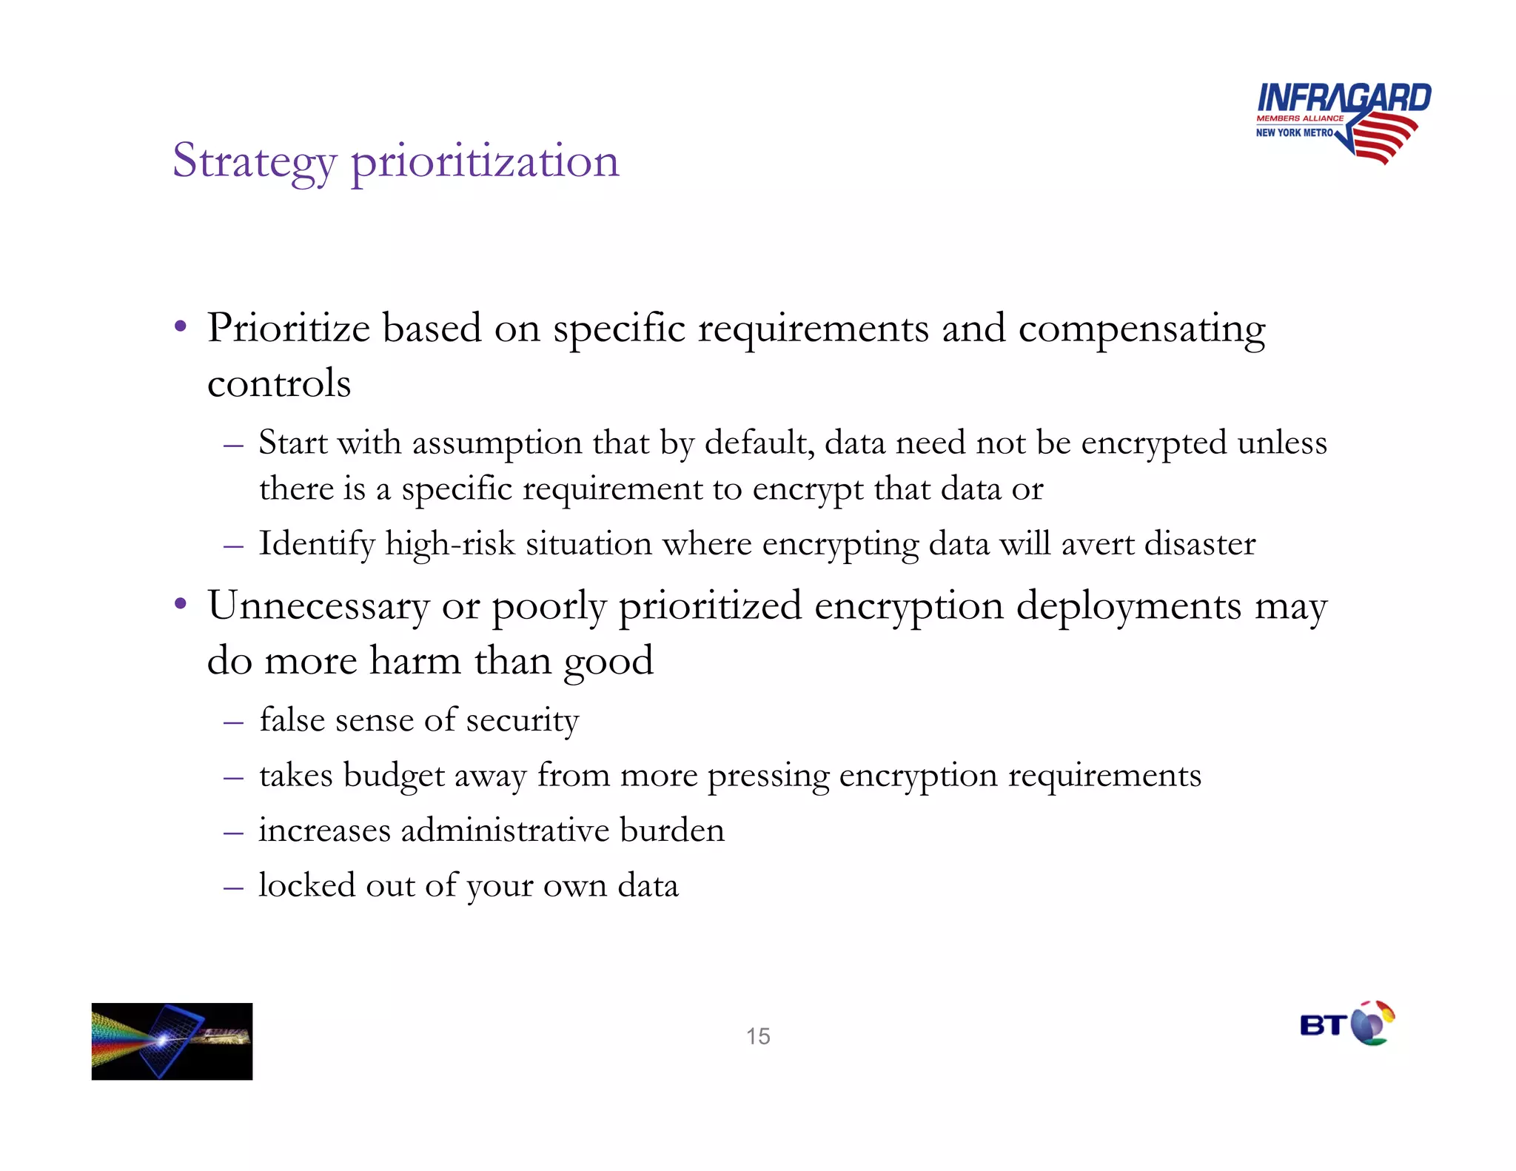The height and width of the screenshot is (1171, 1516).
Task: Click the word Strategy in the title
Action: point(254,161)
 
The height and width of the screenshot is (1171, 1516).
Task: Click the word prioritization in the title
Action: point(485,161)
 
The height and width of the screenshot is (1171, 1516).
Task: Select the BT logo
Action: point(1346,1024)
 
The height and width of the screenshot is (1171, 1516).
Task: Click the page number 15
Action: point(758,1036)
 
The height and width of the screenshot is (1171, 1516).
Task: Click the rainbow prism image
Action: point(172,1041)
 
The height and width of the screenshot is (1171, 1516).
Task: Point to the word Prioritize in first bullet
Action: point(288,328)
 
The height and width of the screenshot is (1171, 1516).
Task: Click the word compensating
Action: point(1141,329)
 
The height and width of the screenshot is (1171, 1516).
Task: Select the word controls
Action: point(279,383)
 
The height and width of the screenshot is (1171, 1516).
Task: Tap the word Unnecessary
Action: point(318,606)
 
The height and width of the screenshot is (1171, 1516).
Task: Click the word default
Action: point(759,443)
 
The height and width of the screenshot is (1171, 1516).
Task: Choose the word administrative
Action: point(506,831)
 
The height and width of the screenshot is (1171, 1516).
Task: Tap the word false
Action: point(292,719)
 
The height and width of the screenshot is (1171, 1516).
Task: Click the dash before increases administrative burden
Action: point(233,833)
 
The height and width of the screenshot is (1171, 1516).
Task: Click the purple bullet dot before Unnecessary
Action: point(180,603)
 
